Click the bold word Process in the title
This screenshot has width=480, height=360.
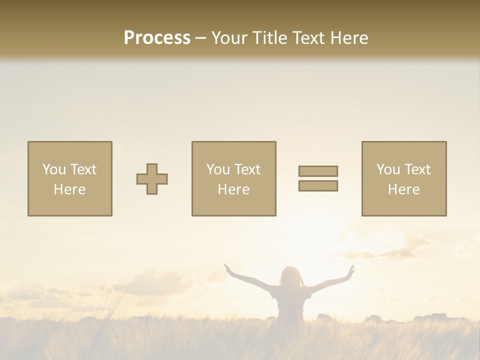pos(157,38)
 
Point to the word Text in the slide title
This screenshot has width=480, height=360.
pos(307,38)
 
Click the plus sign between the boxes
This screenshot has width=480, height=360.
pos(152,179)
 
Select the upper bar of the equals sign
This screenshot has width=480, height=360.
pos(318,171)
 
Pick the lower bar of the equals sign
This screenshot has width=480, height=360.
pos(318,186)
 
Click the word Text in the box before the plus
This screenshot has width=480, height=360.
pos(83,169)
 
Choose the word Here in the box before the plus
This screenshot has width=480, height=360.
pos(69,189)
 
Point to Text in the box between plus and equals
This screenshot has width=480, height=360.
pos(247,169)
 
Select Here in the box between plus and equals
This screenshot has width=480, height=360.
pos(233,189)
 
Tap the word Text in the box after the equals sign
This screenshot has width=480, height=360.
pos(417,169)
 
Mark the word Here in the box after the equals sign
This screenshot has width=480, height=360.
pos(403,189)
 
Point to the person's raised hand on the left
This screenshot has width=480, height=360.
pos(228,268)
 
